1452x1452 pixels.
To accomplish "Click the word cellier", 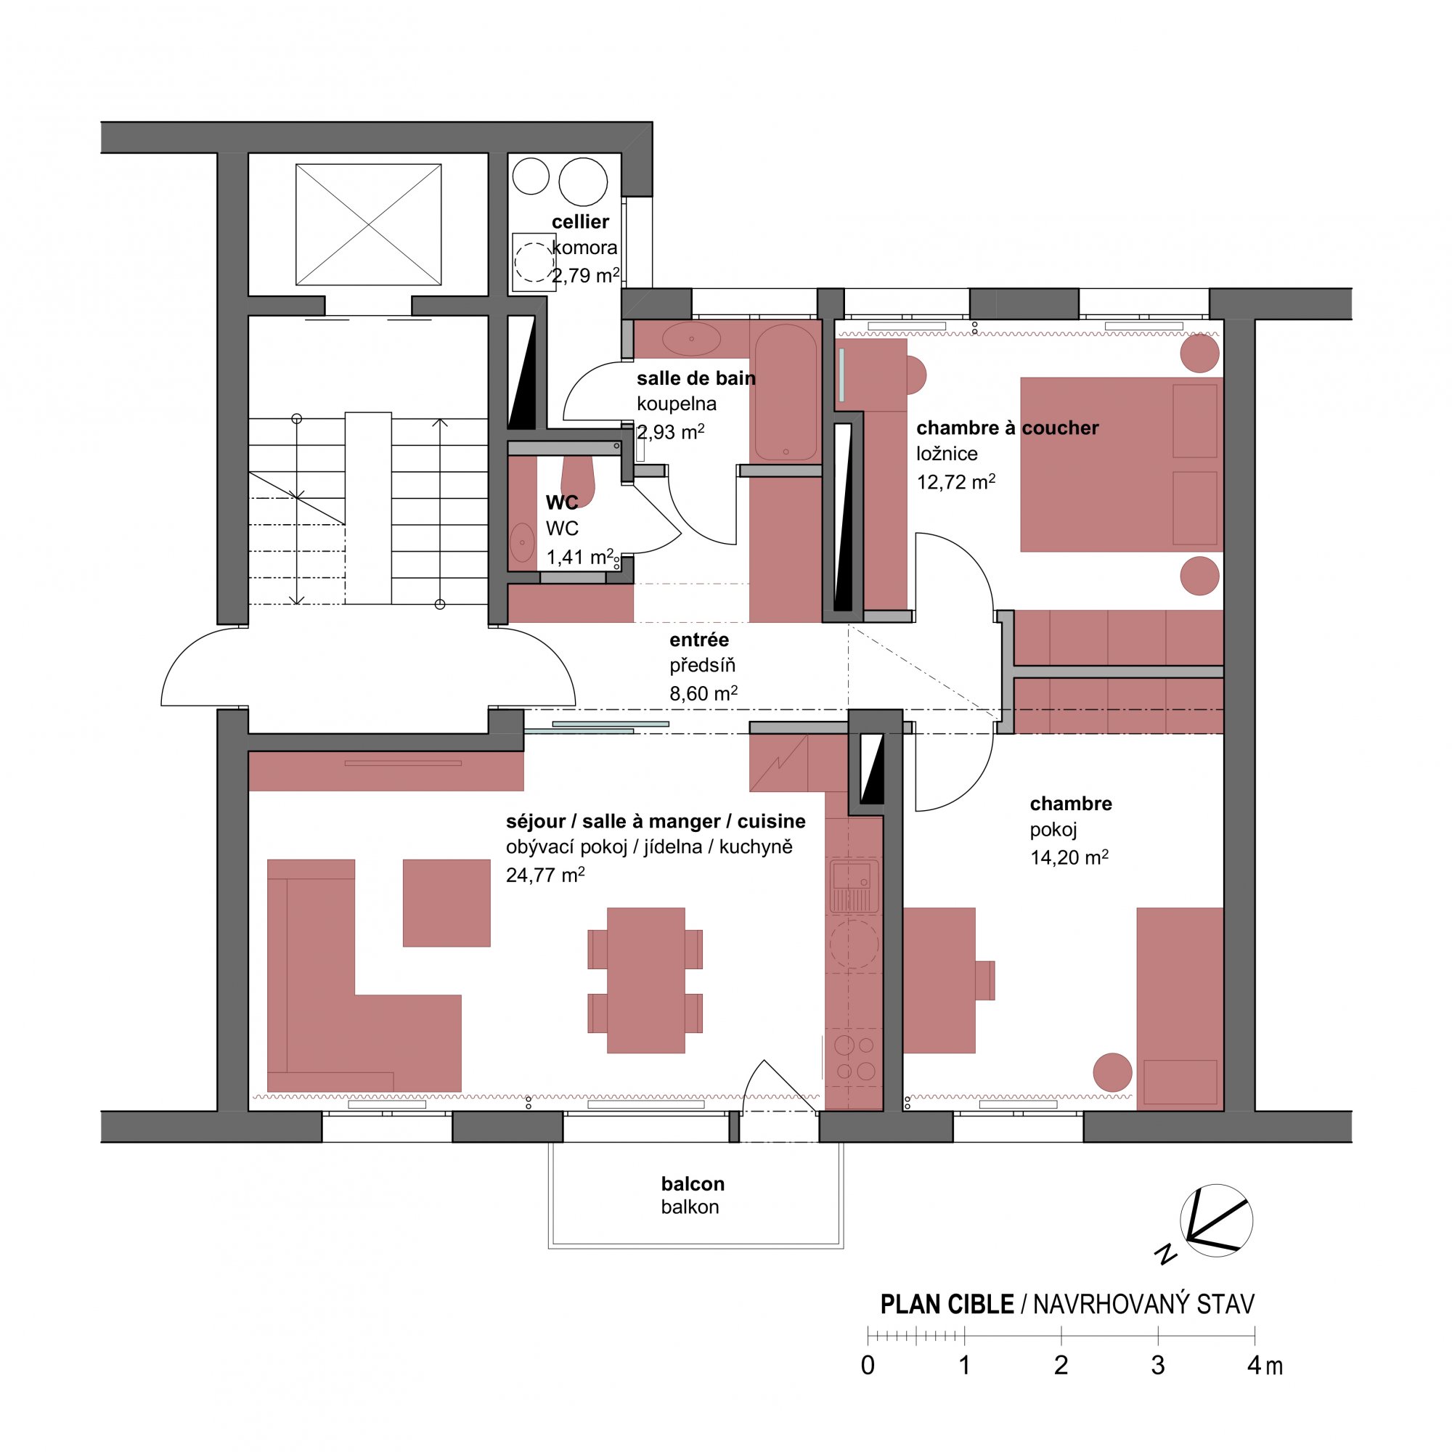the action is click(x=580, y=221).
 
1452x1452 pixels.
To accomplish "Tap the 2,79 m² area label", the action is click(x=586, y=275).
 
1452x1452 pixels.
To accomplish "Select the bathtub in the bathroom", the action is click(x=786, y=391).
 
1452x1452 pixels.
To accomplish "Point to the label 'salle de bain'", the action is click(x=696, y=378).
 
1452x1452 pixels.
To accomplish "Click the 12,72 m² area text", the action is click(x=956, y=481).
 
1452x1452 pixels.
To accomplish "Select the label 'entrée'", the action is click(x=699, y=640).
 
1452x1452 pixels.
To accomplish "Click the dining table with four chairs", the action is click(x=645, y=980).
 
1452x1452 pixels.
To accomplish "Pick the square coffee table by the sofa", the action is click(x=446, y=902).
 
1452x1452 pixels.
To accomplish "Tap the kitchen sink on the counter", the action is click(x=854, y=885).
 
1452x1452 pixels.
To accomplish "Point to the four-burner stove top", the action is click(x=855, y=1058).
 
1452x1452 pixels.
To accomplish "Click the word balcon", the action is click(x=693, y=1183).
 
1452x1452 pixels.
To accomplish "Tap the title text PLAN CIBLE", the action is click(x=947, y=1305).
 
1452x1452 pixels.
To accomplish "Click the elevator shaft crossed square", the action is click(x=368, y=225).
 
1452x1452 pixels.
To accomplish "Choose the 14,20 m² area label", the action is click(x=1069, y=857).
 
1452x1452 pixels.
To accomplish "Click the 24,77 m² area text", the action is click(x=546, y=874).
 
